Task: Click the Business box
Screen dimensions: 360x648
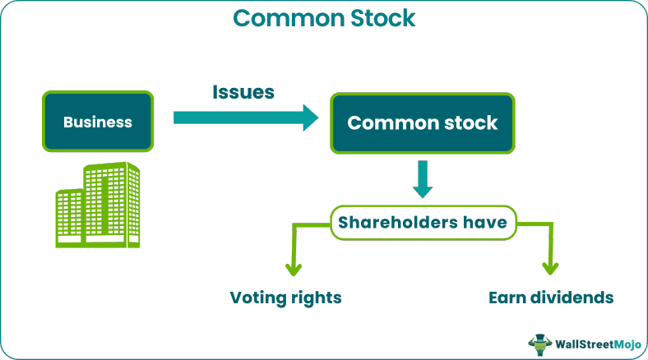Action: [98, 122]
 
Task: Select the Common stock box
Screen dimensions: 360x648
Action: [423, 122]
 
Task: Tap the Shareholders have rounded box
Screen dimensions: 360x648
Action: [423, 222]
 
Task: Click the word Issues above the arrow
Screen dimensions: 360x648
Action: [243, 91]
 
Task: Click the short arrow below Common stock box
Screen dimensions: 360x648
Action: [422, 180]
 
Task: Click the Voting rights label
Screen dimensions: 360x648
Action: [285, 297]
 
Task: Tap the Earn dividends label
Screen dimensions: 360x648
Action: [550, 297]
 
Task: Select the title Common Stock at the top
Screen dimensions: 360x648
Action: [323, 17]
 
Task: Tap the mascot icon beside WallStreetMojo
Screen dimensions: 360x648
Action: [539, 343]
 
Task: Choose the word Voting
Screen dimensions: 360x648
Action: [256, 297]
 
